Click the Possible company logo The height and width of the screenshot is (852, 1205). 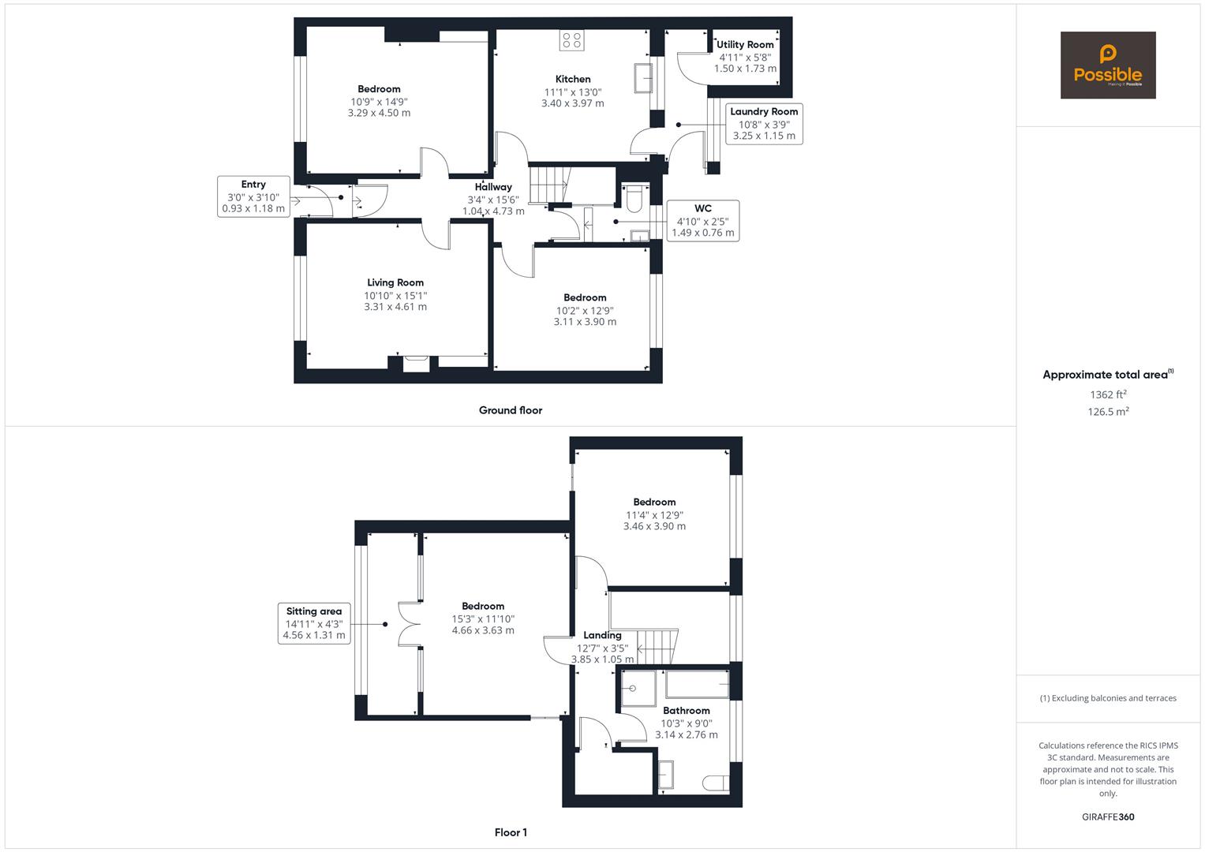1107,65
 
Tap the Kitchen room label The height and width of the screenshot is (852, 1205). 573,79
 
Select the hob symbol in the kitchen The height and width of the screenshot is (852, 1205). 571,40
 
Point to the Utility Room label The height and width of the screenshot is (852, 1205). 745,45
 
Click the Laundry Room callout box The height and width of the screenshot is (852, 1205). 764,124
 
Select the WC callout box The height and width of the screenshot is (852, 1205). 702,221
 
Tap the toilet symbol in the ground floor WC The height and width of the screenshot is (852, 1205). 634,199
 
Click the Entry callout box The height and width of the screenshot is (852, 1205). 253,196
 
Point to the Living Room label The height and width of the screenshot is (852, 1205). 395,282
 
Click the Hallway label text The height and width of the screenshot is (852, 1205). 493,187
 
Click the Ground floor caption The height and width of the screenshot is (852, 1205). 511,410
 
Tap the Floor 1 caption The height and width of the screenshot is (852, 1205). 511,832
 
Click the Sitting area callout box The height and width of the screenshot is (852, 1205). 314,623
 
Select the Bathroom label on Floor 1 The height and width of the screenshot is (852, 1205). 686,710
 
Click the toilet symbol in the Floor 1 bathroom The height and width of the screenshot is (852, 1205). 715,782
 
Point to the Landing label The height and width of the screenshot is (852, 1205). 602,635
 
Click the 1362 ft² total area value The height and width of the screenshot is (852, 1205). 1108,394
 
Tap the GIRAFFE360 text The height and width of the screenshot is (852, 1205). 1108,817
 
